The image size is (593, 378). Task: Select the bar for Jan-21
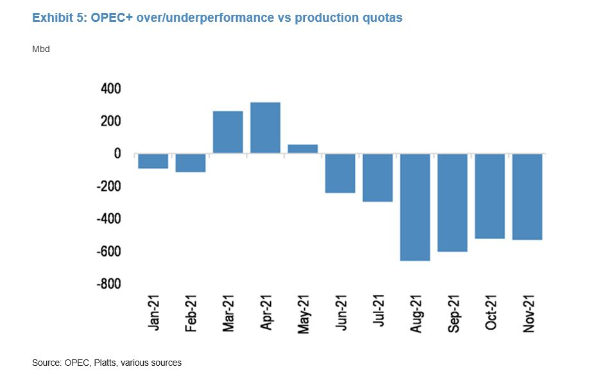[x=153, y=161]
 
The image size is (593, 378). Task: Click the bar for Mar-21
[x=228, y=132]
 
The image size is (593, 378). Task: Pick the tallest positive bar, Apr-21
[x=265, y=128]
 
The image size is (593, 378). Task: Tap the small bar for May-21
[x=302, y=149]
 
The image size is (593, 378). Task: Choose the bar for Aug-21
[x=414, y=207]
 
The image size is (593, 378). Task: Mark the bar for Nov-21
[x=526, y=197]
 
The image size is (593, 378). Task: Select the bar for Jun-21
[x=339, y=174]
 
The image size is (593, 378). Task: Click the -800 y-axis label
[x=108, y=284]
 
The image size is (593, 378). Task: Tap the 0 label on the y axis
[x=117, y=154]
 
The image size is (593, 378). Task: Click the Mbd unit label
[x=40, y=49]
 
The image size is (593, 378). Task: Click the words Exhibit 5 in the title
[x=57, y=18]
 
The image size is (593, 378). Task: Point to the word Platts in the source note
[x=106, y=363]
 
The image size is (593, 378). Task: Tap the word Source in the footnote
[x=46, y=363]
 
